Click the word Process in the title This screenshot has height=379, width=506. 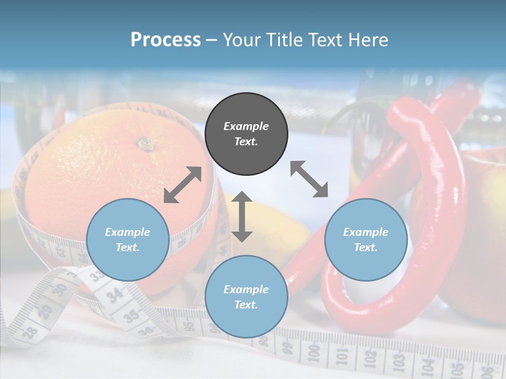(x=166, y=40)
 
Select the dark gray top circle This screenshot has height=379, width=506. (x=246, y=134)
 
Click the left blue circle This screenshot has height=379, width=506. (x=128, y=240)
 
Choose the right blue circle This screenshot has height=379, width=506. (x=365, y=240)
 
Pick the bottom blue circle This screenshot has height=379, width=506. (x=246, y=296)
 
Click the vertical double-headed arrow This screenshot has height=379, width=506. (x=242, y=216)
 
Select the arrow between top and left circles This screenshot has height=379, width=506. (x=182, y=185)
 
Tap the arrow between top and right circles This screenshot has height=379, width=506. (x=309, y=179)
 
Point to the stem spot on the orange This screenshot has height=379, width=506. (x=143, y=143)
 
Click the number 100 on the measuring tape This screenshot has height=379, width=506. (x=313, y=351)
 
